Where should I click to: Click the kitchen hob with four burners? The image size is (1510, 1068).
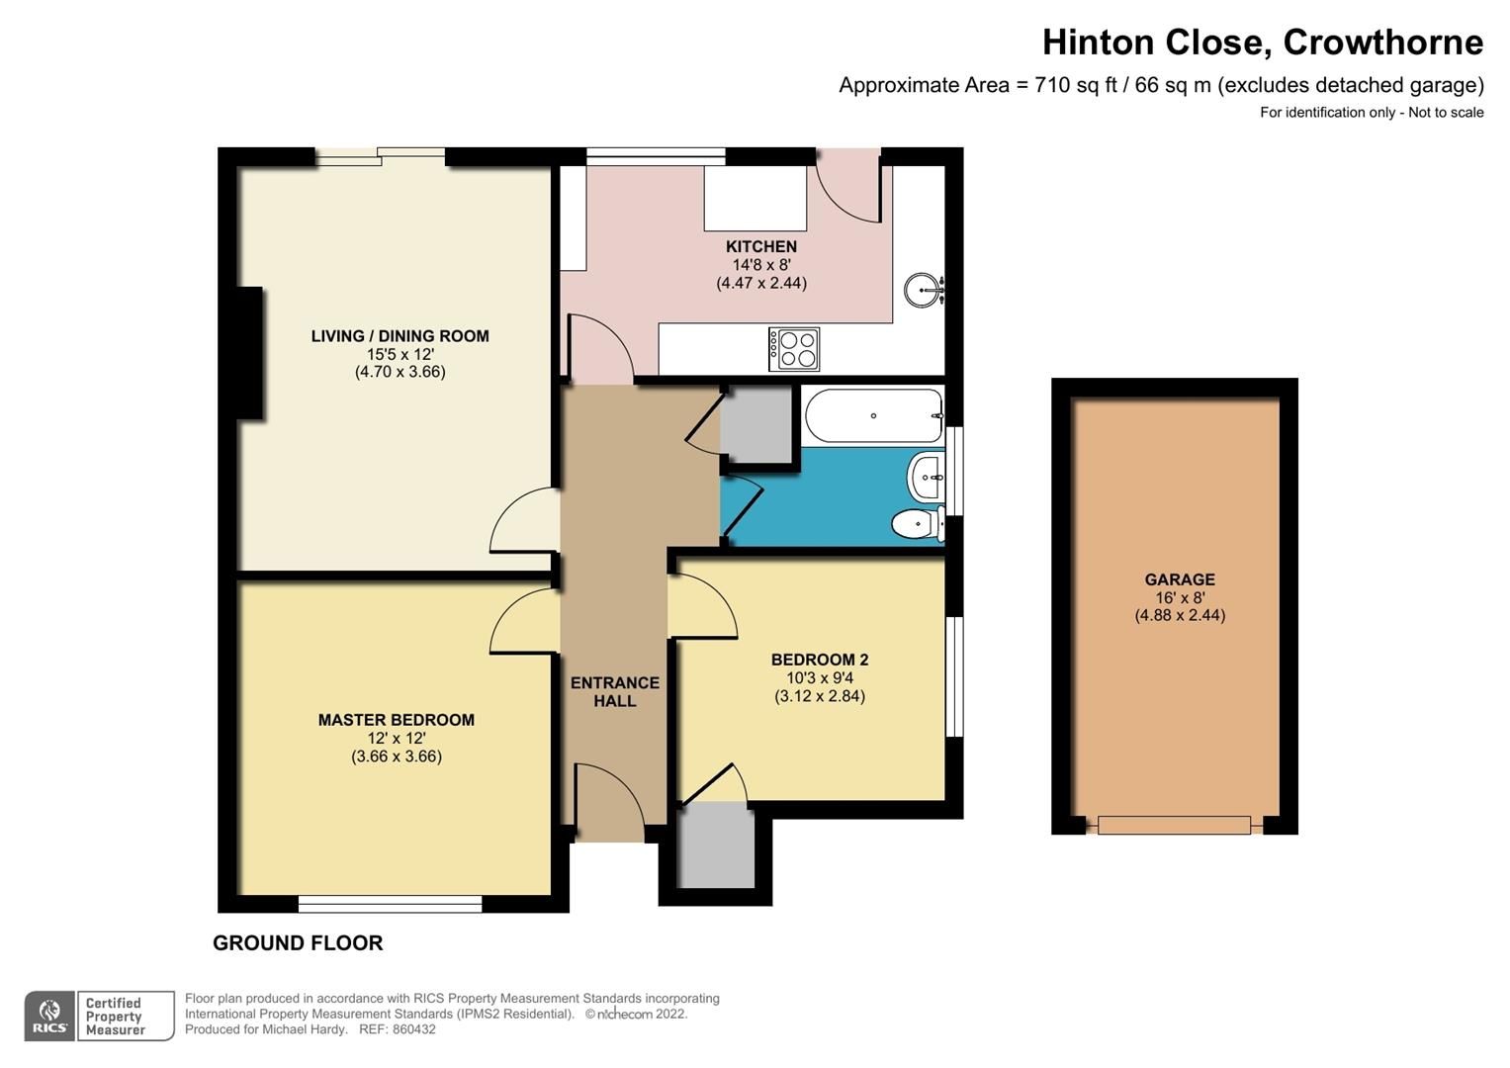pyautogui.click(x=794, y=349)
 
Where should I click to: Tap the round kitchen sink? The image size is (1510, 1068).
pyautogui.click(x=923, y=291)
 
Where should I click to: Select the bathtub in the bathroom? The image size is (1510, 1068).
pyautogui.click(x=873, y=415)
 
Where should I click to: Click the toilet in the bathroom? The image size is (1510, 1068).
pyautogui.click(x=916, y=524)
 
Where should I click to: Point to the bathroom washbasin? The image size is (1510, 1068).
pyautogui.click(x=927, y=478)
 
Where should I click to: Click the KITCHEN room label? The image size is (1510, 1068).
pyautogui.click(x=760, y=247)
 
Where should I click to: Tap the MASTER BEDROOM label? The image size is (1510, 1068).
pyautogui.click(x=396, y=720)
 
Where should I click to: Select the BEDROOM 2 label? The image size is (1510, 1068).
pyautogui.click(x=820, y=660)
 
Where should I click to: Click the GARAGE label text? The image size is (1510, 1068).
pyautogui.click(x=1179, y=579)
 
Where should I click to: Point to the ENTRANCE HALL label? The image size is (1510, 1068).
pyautogui.click(x=614, y=691)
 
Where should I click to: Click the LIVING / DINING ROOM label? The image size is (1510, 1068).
pyautogui.click(x=400, y=336)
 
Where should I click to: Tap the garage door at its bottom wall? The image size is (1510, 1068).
pyautogui.click(x=1174, y=825)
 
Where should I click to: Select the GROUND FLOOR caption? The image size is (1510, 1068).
pyautogui.click(x=298, y=943)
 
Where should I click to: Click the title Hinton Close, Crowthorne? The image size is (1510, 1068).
pyautogui.click(x=1262, y=43)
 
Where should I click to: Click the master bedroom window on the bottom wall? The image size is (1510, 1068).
pyautogui.click(x=390, y=903)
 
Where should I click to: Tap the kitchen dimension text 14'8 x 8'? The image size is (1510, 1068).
pyautogui.click(x=760, y=265)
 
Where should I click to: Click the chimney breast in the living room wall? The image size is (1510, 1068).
pyautogui.click(x=249, y=353)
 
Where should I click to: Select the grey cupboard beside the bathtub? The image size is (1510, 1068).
pyautogui.click(x=756, y=424)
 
